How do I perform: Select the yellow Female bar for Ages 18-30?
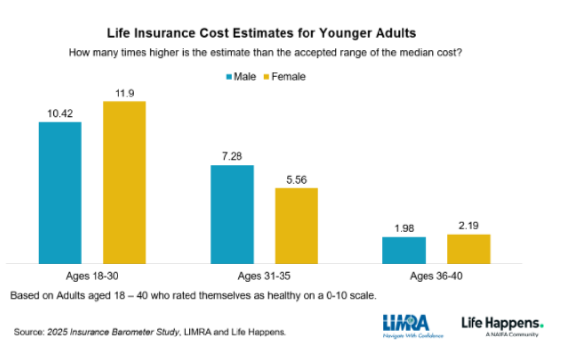pos(124,182)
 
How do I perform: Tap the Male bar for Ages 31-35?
pos(232,214)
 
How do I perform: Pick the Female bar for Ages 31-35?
pos(296,225)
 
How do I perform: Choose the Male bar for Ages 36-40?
pos(404,250)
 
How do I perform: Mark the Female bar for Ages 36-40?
pos(469,249)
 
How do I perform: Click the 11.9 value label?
pos(125,93)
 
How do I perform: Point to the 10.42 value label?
pos(60,114)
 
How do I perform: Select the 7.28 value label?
pos(232,157)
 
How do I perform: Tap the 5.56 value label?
pos(297,179)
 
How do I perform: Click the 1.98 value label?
pos(404,228)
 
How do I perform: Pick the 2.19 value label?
pos(469,226)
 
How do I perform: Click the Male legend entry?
pos(241,77)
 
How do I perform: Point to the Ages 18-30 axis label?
pos(92,276)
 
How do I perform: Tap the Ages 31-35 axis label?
pos(264,276)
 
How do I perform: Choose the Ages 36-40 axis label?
pos(436,276)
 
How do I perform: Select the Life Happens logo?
pos(502,326)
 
